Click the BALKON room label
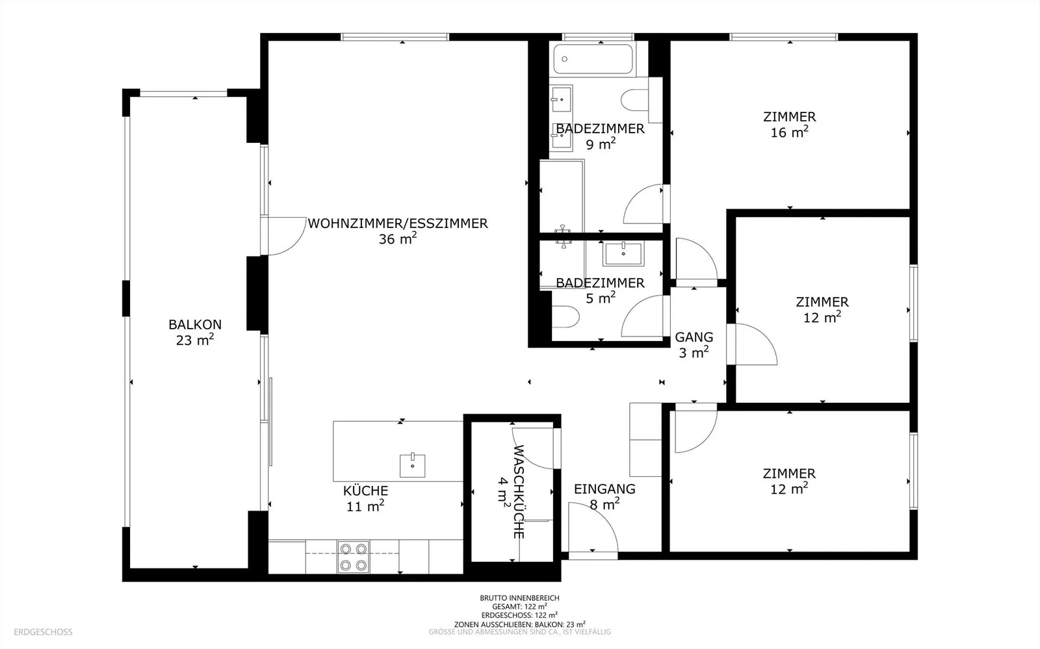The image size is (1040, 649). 195,332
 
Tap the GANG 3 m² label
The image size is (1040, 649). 694,345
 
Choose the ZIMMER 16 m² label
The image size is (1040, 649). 789,124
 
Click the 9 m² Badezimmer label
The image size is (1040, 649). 601,136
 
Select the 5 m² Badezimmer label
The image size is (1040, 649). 601,290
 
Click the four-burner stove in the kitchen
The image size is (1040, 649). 354,557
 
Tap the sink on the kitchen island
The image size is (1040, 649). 412,465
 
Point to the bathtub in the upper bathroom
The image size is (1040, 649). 593,59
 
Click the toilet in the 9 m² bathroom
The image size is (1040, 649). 635,100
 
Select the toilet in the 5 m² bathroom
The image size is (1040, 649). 565,317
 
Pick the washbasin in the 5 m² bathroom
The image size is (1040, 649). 623,254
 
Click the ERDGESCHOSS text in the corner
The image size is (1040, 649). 43,632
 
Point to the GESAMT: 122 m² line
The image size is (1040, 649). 519,606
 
